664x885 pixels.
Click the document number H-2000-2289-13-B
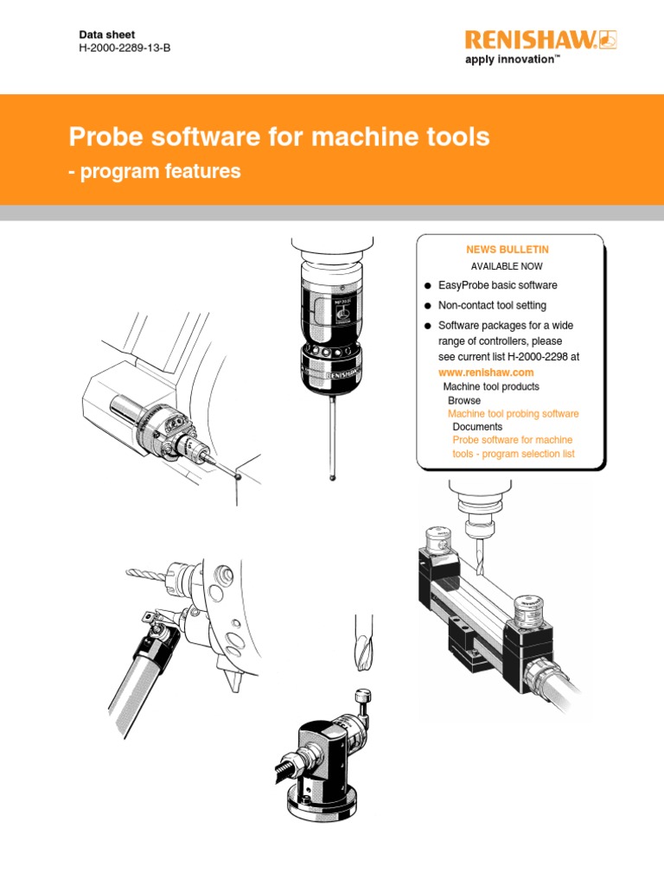pos(124,48)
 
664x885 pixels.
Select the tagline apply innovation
pos(513,60)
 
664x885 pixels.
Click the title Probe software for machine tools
pos(279,137)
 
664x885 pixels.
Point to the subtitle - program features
pos(155,172)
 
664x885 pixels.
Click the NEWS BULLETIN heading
pos(507,250)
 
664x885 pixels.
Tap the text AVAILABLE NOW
pos(507,266)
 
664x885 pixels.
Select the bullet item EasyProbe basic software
pos(497,285)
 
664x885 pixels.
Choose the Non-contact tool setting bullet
pos(492,305)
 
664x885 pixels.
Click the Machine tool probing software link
pos(513,414)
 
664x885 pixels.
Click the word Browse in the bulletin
pos(464,401)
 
